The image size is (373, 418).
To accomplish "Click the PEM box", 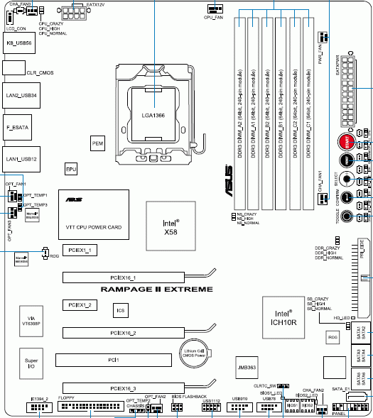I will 99,143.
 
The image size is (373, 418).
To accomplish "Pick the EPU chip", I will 71,170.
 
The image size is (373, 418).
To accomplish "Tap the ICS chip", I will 121,309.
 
